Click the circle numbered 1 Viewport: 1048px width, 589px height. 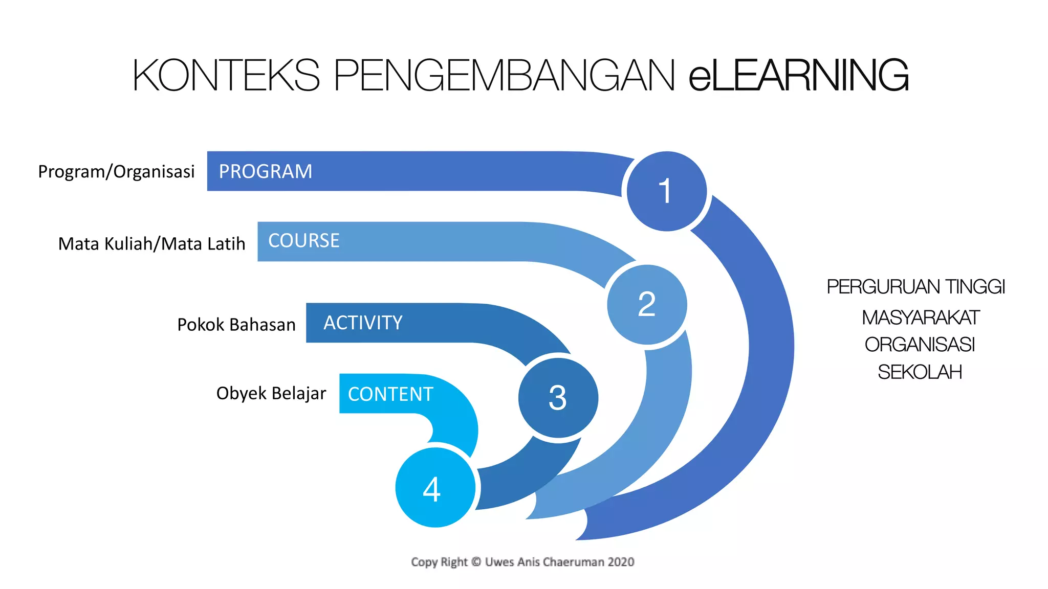(x=666, y=191)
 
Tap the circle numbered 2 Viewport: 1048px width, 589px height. (x=647, y=305)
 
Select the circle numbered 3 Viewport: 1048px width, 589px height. (x=558, y=398)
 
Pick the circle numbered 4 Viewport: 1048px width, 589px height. (x=435, y=488)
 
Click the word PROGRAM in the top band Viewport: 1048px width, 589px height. (x=265, y=171)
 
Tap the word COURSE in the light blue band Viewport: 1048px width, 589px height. (x=303, y=241)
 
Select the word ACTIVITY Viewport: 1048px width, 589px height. (x=363, y=323)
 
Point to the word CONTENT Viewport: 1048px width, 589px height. (x=390, y=394)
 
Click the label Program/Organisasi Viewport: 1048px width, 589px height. (x=116, y=171)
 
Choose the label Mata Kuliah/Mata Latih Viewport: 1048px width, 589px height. (x=151, y=244)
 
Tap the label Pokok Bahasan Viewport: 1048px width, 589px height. (x=236, y=325)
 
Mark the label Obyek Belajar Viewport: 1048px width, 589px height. (x=271, y=393)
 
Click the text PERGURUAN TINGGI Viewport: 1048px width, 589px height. (x=915, y=287)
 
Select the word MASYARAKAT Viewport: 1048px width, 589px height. (x=920, y=318)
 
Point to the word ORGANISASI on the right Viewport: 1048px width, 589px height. (x=920, y=345)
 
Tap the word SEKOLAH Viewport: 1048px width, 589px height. (x=920, y=372)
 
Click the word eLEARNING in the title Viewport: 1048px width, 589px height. (x=798, y=75)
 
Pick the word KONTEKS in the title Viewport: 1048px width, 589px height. (x=226, y=75)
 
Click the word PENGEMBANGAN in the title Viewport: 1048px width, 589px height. (x=504, y=75)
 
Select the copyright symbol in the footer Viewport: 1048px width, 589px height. (x=476, y=562)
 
